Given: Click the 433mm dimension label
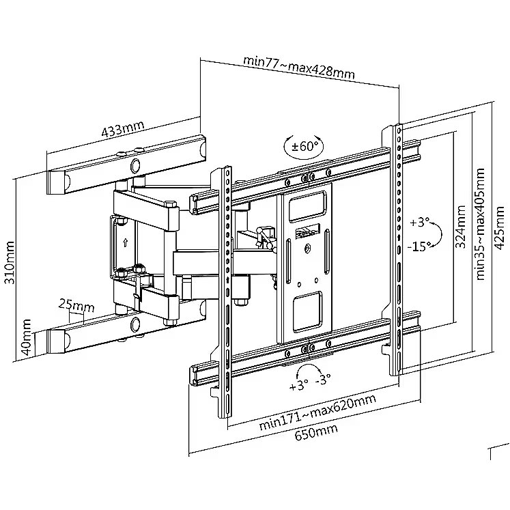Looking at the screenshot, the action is point(123,129).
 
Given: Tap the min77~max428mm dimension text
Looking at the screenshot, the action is point(299,68).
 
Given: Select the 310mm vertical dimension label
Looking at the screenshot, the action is point(10,262).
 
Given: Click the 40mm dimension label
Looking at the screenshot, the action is point(26,337).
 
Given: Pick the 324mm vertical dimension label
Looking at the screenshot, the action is point(460,227).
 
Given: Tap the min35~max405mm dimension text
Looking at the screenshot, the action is point(480,224).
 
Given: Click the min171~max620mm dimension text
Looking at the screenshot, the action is point(317,412).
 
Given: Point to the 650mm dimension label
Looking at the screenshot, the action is point(316,433).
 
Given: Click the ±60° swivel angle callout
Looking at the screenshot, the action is point(304,146).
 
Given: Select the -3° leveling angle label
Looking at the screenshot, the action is point(323,379).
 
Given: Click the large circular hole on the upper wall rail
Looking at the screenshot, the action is point(135,165).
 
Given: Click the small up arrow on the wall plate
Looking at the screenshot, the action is point(125,242).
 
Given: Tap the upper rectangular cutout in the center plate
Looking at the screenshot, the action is point(307,207).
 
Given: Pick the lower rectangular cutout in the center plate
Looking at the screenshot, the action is point(307,311).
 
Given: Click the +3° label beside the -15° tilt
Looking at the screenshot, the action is point(419,223).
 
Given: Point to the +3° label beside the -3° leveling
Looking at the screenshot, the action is point(298,386).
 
